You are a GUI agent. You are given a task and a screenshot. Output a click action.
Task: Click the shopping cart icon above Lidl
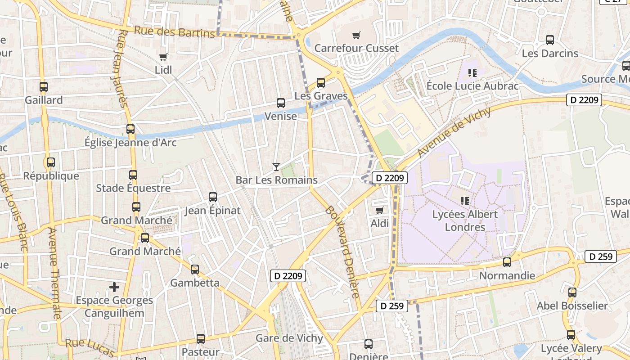(163, 57)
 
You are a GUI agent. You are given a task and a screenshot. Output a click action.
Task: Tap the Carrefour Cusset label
(356, 48)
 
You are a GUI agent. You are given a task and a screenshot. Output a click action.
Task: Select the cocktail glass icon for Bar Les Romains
(276, 167)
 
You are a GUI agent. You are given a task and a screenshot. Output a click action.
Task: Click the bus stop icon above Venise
(281, 103)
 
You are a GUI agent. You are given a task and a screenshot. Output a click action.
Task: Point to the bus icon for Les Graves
(321, 83)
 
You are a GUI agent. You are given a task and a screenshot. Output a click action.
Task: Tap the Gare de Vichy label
(289, 338)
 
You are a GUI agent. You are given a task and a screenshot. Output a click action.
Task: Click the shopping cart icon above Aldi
(380, 210)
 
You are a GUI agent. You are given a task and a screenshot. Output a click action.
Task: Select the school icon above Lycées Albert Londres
(465, 201)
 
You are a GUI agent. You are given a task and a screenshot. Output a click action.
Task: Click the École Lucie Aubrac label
(472, 85)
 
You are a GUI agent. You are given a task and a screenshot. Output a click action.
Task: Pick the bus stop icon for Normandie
(507, 262)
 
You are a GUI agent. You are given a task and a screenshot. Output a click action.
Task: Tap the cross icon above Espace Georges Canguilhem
(114, 287)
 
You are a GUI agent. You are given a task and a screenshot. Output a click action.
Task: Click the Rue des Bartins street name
(175, 32)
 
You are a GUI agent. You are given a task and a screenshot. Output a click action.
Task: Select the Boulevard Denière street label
(343, 252)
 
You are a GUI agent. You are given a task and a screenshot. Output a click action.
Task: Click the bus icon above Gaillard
(44, 86)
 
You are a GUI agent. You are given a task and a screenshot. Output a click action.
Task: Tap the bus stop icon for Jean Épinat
(213, 197)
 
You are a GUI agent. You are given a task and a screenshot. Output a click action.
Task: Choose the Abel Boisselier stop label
(572, 306)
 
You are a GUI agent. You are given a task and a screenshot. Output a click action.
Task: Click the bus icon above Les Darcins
(550, 40)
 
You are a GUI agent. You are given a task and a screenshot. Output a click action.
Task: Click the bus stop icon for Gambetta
(195, 270)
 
